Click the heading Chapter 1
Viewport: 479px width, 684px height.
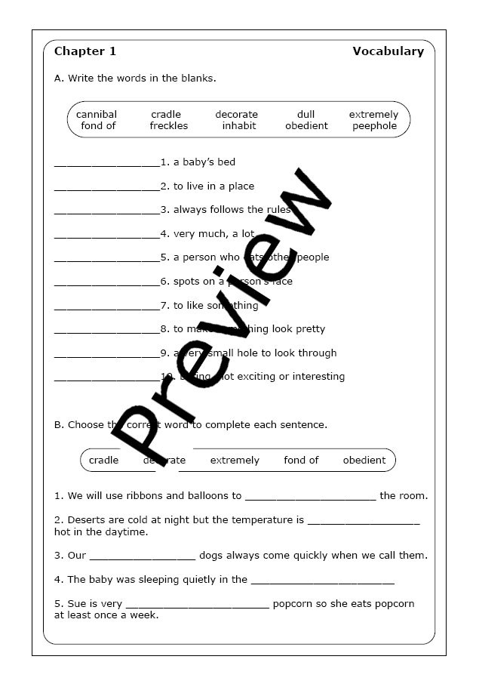click(x=85, y=52)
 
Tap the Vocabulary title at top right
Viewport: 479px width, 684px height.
click(x=388, y=52)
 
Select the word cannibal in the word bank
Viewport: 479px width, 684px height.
click(x=97, y=115)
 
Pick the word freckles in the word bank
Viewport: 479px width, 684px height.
click(x=169, y=126)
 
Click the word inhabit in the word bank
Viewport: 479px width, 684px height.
click(x=239, y=126)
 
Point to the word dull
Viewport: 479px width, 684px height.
click(x=306, y=115)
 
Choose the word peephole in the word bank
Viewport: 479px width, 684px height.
click(x=374, y=126)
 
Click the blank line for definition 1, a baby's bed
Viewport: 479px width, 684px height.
click(x=107, y=163)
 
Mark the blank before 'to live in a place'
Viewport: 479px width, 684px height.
click(x=107, y=187)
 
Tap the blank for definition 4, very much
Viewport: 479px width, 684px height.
click(x=107, y=235)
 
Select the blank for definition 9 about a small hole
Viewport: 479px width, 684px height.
click(x=107, y=354)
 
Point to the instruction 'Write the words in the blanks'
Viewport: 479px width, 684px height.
click(x=135, y=78)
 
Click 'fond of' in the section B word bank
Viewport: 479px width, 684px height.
click(x=301, y=460)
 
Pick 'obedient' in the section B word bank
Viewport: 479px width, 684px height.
click(x=364, y=460)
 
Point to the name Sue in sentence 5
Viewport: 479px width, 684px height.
click(x=76, y=603)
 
